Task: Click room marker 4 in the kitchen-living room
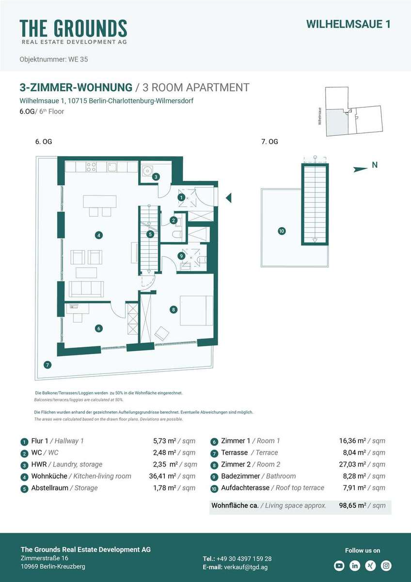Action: tap(99, 235)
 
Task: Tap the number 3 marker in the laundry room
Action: tap(156, 177)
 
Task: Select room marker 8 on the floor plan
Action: tap(174, 309)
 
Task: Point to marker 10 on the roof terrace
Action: tap(282, 231)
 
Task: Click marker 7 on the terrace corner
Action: tap(47, 365)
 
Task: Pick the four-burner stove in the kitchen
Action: tap(91, 166)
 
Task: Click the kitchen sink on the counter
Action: tap(112, 167)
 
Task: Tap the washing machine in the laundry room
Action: tap(148, 170)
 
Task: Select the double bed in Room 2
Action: tap(197, 310)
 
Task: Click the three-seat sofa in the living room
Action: tap(86, 289)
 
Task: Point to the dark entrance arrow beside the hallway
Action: tap(228, 198)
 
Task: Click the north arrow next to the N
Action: tap(361, 169)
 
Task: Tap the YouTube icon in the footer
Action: tap(339, 566)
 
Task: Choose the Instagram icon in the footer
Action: tap(386, 566)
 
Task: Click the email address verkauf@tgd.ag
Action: tap(246, 567)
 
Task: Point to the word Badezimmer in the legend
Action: tap(240, 476)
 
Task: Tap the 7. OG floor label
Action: tap(269, 142)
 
